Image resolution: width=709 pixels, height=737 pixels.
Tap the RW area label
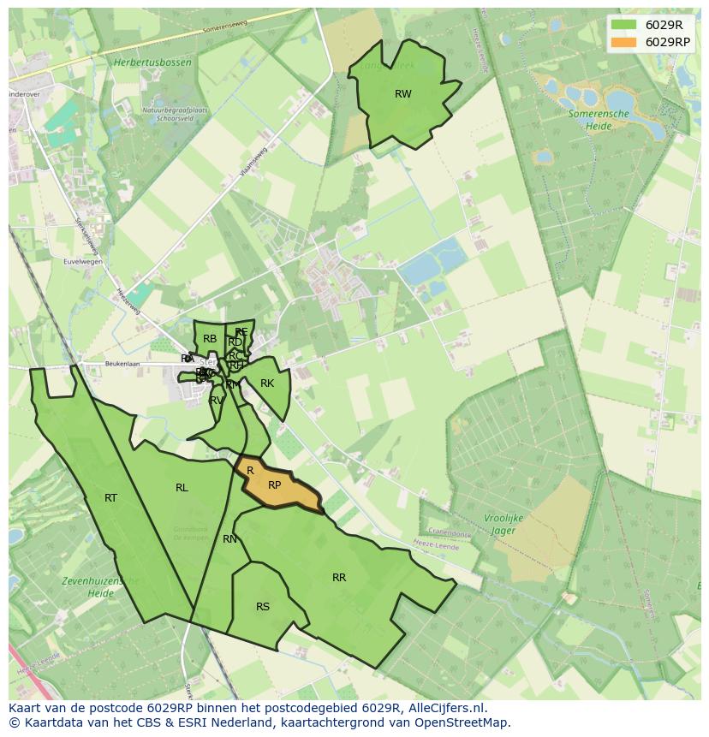click(403, 94)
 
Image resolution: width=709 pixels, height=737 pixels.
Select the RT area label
click(110, 497)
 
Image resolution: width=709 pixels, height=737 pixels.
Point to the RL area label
click(182, 488)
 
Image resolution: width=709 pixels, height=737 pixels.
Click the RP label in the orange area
click(275, 484)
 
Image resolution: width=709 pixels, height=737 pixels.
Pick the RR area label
click(339, 578)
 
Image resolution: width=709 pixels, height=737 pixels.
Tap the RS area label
click(263, 607)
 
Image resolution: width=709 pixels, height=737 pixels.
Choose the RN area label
click(229, 539)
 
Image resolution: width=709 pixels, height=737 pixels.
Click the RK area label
click(267, 383)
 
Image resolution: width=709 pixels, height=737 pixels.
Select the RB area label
click(210, 339)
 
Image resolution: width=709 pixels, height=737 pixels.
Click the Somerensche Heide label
click(599, 119)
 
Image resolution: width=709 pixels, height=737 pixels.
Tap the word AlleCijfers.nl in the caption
click(445, 708)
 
